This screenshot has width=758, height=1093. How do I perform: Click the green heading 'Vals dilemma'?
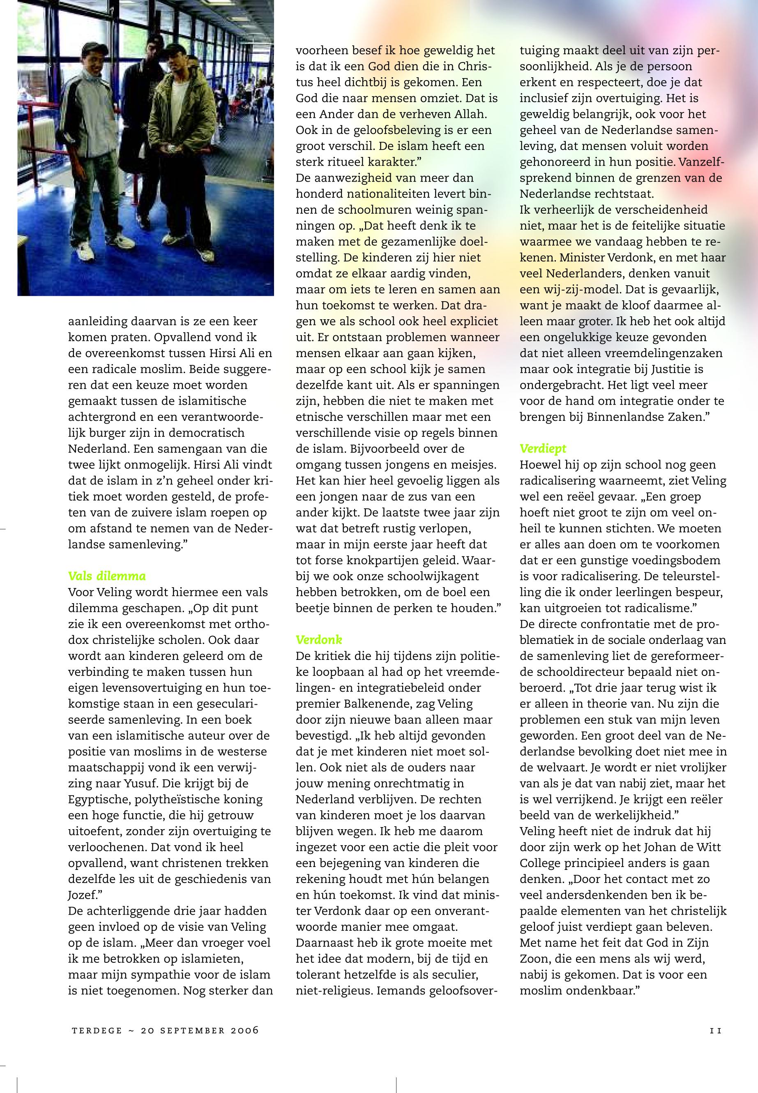click(x=107, y=576)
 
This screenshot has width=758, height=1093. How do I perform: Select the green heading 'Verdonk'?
click(x=319, y=640)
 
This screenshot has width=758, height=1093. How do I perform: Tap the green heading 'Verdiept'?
click(x=543, y=448)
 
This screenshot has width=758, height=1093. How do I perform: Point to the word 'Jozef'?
click(x=82, y=895)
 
